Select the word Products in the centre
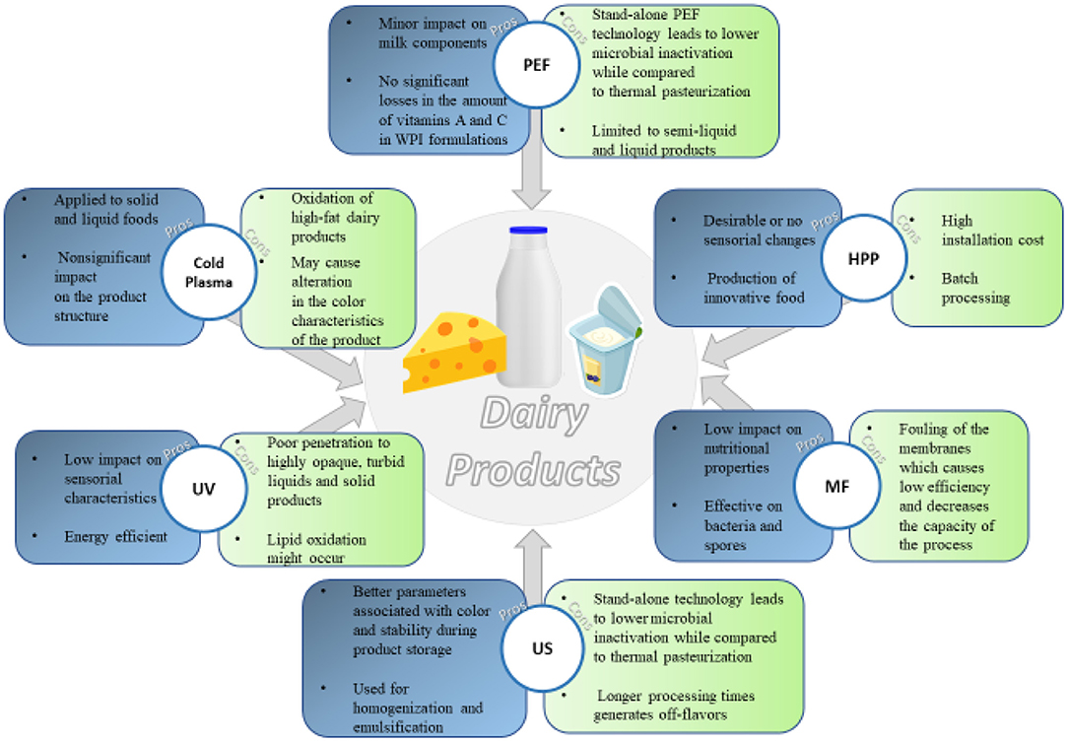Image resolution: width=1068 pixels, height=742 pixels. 533,470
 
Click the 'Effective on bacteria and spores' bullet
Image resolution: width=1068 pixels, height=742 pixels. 744,525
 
